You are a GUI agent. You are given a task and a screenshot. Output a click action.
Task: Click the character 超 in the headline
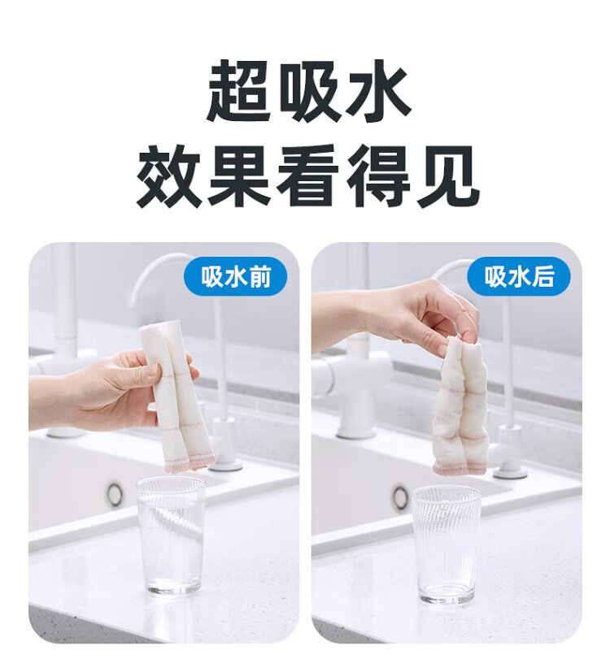[x=239, y=91]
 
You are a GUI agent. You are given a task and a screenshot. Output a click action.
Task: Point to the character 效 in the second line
[x=168, y=175]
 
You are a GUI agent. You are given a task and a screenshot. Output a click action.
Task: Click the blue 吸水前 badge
[x=235, y=277]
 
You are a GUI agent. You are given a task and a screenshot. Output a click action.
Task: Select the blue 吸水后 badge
[x=519, y=277]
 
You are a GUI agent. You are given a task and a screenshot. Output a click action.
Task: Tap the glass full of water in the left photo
[x=171, y=535]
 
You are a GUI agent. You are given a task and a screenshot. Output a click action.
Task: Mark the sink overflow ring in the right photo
[x=400, y=497]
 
